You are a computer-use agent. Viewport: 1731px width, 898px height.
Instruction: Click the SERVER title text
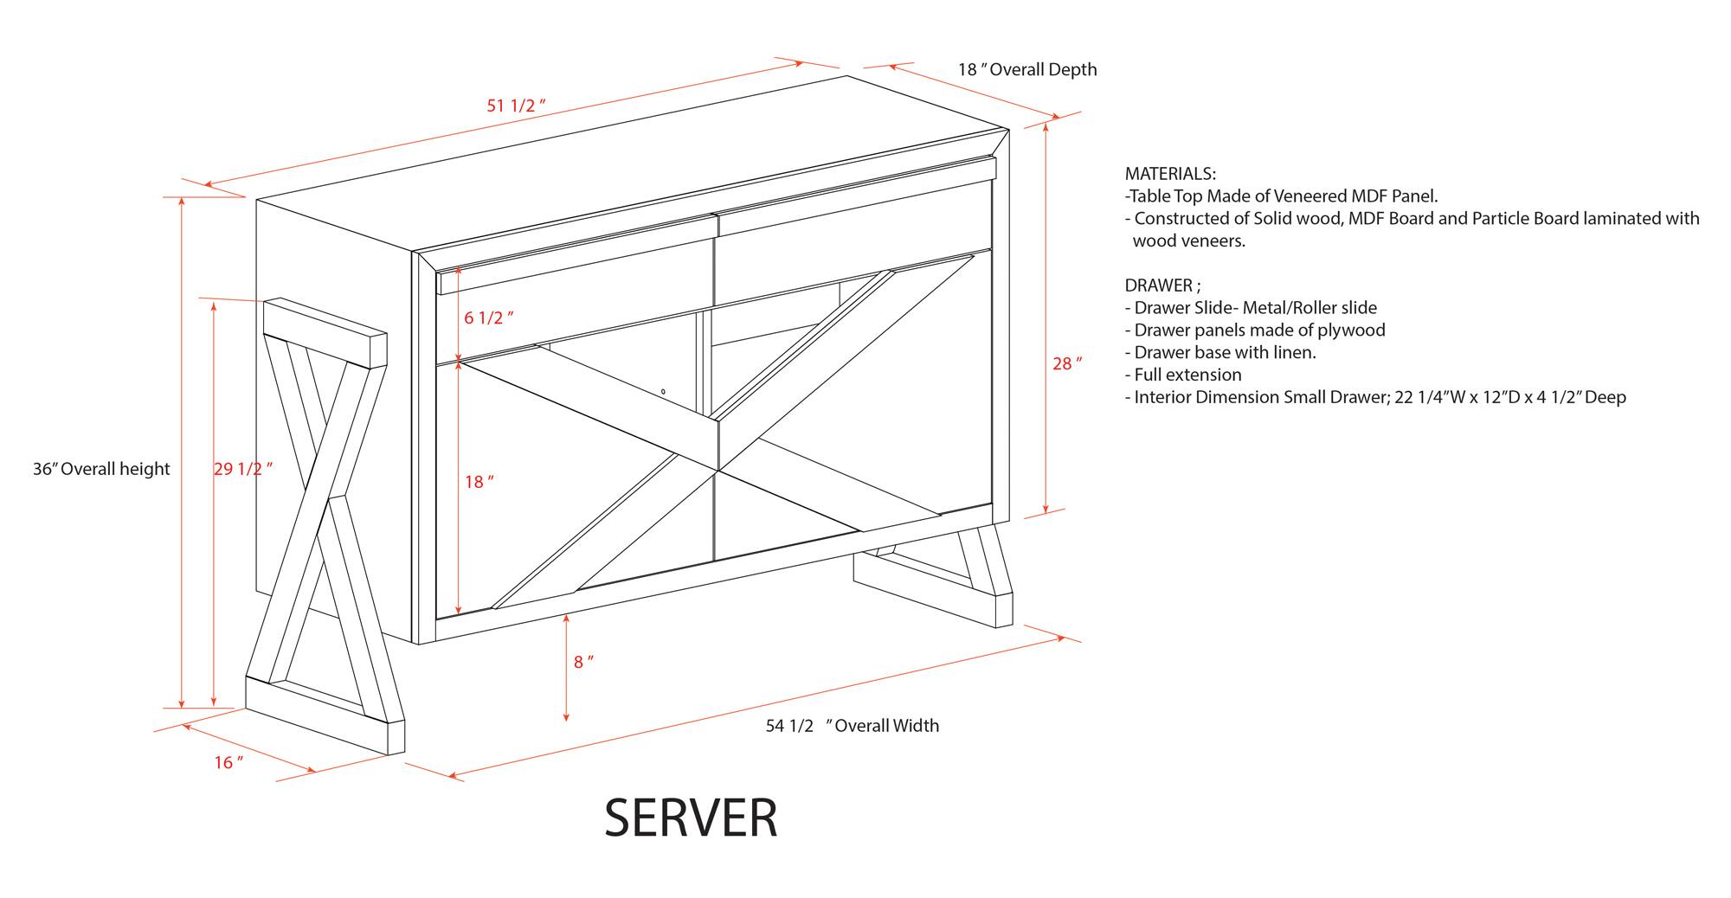point(691,818)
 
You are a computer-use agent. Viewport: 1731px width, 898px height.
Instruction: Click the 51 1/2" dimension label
point(516,106)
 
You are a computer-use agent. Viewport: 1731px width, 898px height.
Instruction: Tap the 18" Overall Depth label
point(1026,69)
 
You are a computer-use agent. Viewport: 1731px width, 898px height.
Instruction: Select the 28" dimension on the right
point(1066,364)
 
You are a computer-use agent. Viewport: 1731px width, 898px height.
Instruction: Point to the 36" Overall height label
point(101,469)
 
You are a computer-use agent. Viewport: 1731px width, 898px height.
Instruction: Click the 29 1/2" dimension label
point(242,469)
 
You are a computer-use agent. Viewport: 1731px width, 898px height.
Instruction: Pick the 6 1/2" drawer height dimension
point(488,318)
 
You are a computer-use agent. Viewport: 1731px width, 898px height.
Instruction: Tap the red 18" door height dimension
point(479,482)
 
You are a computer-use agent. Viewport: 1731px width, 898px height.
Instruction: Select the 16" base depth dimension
point(228,762)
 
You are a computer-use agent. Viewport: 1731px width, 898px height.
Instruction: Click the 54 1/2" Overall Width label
point(852,726)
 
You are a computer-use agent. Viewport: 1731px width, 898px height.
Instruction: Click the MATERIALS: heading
point(1169,174)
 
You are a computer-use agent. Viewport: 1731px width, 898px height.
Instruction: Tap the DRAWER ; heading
point(1162,285)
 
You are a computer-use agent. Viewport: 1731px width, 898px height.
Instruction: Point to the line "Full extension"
point(1187,375)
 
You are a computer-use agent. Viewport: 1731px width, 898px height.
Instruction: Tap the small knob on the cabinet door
point(663,392)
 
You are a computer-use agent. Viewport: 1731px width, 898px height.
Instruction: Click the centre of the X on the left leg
point(327,502)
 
